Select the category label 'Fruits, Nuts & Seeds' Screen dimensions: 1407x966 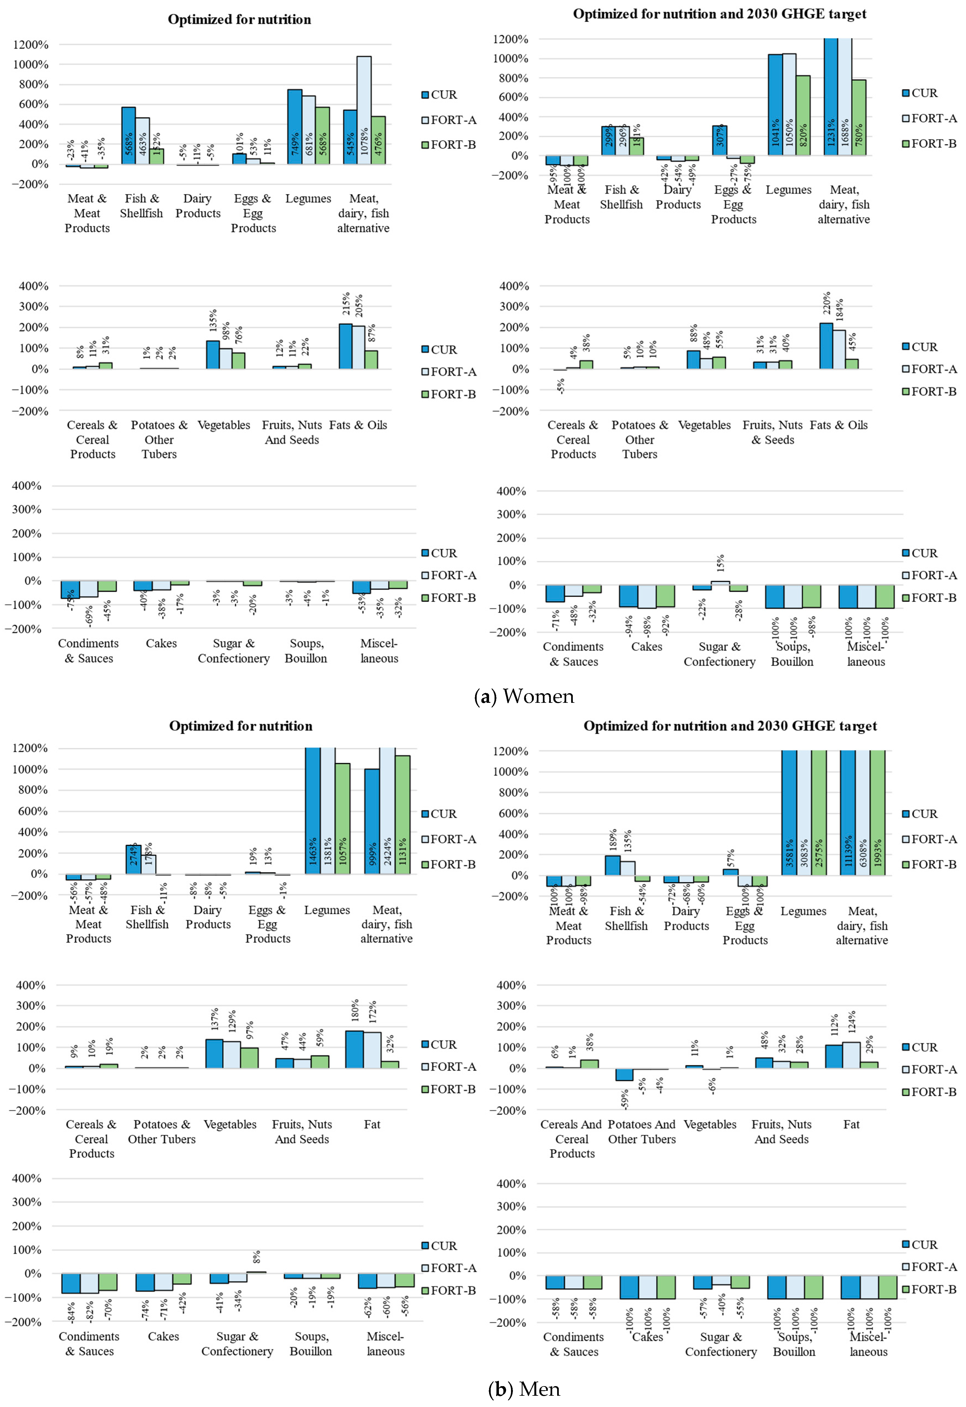(772, 432)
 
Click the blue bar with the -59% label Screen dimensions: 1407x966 (624, 1075)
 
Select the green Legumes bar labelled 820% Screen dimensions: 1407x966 (803, 115)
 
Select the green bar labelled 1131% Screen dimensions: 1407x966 (403, 814)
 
